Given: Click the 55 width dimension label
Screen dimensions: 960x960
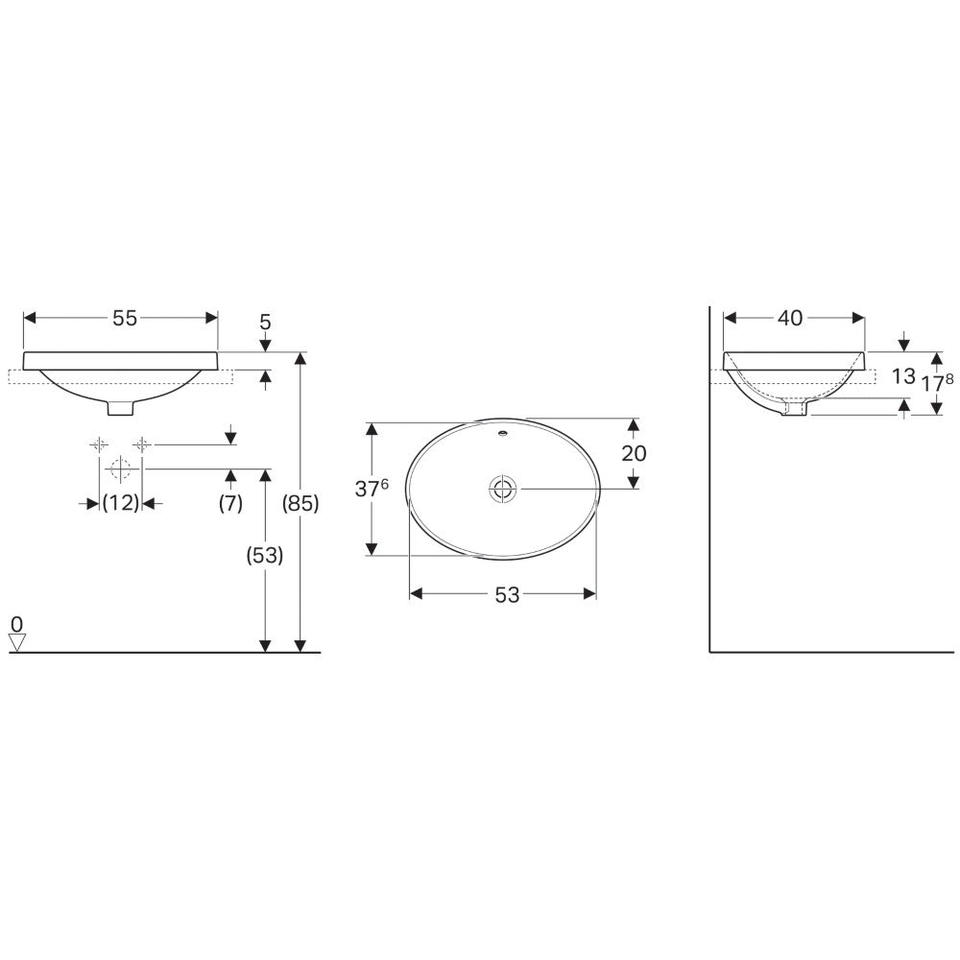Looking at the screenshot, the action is tap(125, 318).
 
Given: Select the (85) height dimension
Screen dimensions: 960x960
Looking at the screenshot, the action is tap(300, 503).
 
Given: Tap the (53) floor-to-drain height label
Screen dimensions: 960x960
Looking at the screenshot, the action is tap(265, 555).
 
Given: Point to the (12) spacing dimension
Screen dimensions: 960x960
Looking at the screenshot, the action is tap(121, 503).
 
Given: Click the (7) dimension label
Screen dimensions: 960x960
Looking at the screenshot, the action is tap(230, 503).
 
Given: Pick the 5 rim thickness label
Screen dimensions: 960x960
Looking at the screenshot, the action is tap(265, 322).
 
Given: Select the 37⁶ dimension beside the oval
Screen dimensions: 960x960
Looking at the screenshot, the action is tap(372, 488).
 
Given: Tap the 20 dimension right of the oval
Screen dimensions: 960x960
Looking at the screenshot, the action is tap(634, 453).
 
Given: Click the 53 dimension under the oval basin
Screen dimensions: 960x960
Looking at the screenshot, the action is tap(507, 594).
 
